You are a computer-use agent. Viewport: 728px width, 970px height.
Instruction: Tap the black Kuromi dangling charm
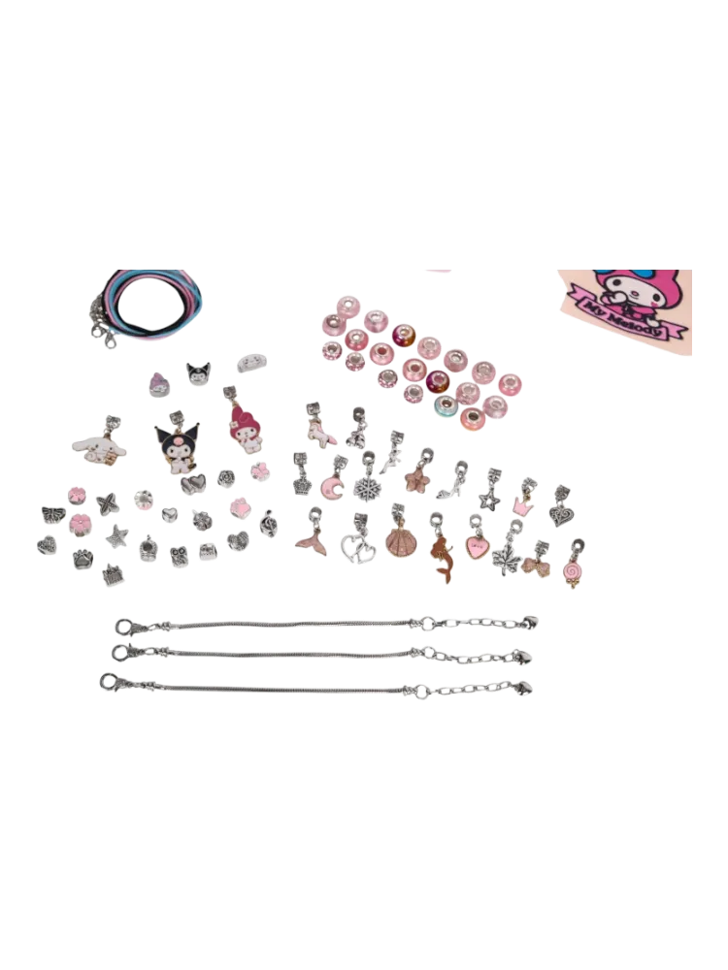(177, 441)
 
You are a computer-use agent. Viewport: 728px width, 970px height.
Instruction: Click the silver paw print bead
(83, 559)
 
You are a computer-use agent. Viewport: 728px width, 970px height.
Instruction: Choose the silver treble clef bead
(268, 523)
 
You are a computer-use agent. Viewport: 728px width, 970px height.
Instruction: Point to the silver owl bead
(180, 556)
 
